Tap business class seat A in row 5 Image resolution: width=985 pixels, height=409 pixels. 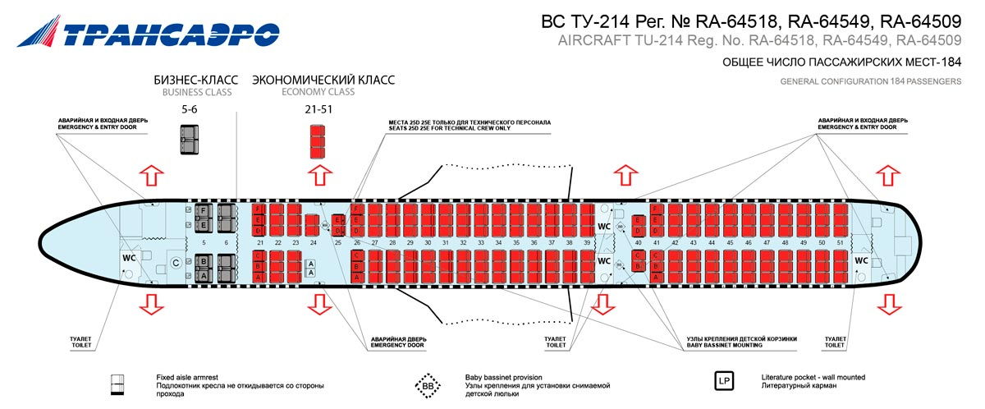tap(203, 276)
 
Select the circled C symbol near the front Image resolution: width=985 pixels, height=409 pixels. tap(175, 263)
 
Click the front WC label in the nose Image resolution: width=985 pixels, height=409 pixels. tap(129, 258)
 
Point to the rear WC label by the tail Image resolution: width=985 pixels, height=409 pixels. tap(861, 260)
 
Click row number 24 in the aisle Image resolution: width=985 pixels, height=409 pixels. tap(313, 243)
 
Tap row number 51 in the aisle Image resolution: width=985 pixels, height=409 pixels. tap(840, 243)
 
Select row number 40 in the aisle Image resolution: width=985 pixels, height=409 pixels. tap(638, 243)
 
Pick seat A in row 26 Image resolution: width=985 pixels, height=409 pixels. tap(357, 278)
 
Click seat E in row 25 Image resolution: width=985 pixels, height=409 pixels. tap(337, 219)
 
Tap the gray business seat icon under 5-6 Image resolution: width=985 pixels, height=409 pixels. tap(190, 140)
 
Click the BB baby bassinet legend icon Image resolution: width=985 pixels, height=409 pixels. tap(428, 384)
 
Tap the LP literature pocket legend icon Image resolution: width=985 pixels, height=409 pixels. tap(725, 382)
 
